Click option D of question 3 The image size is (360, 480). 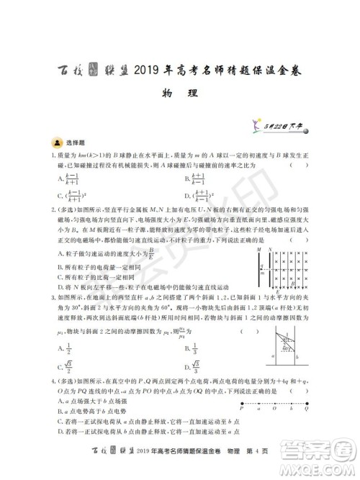pyautogui.click(x=192, y=367)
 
